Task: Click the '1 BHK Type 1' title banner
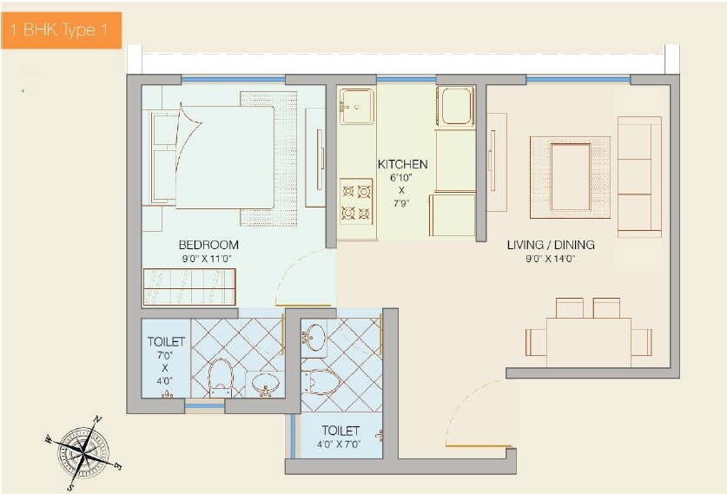click(x=60, y=31)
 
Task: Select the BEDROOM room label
click(x=208, y=245)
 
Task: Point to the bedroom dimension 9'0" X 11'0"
click(x=208, y=258)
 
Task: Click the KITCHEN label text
click(x=402, y=164)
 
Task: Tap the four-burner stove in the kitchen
click(x=356, y=201)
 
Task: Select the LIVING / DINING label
click(x=551, y=245)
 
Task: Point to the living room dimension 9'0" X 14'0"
click(x=551, y=258)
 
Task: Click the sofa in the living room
click(x=639, y=175)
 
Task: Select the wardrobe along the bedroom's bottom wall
click(x=189, y=287)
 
